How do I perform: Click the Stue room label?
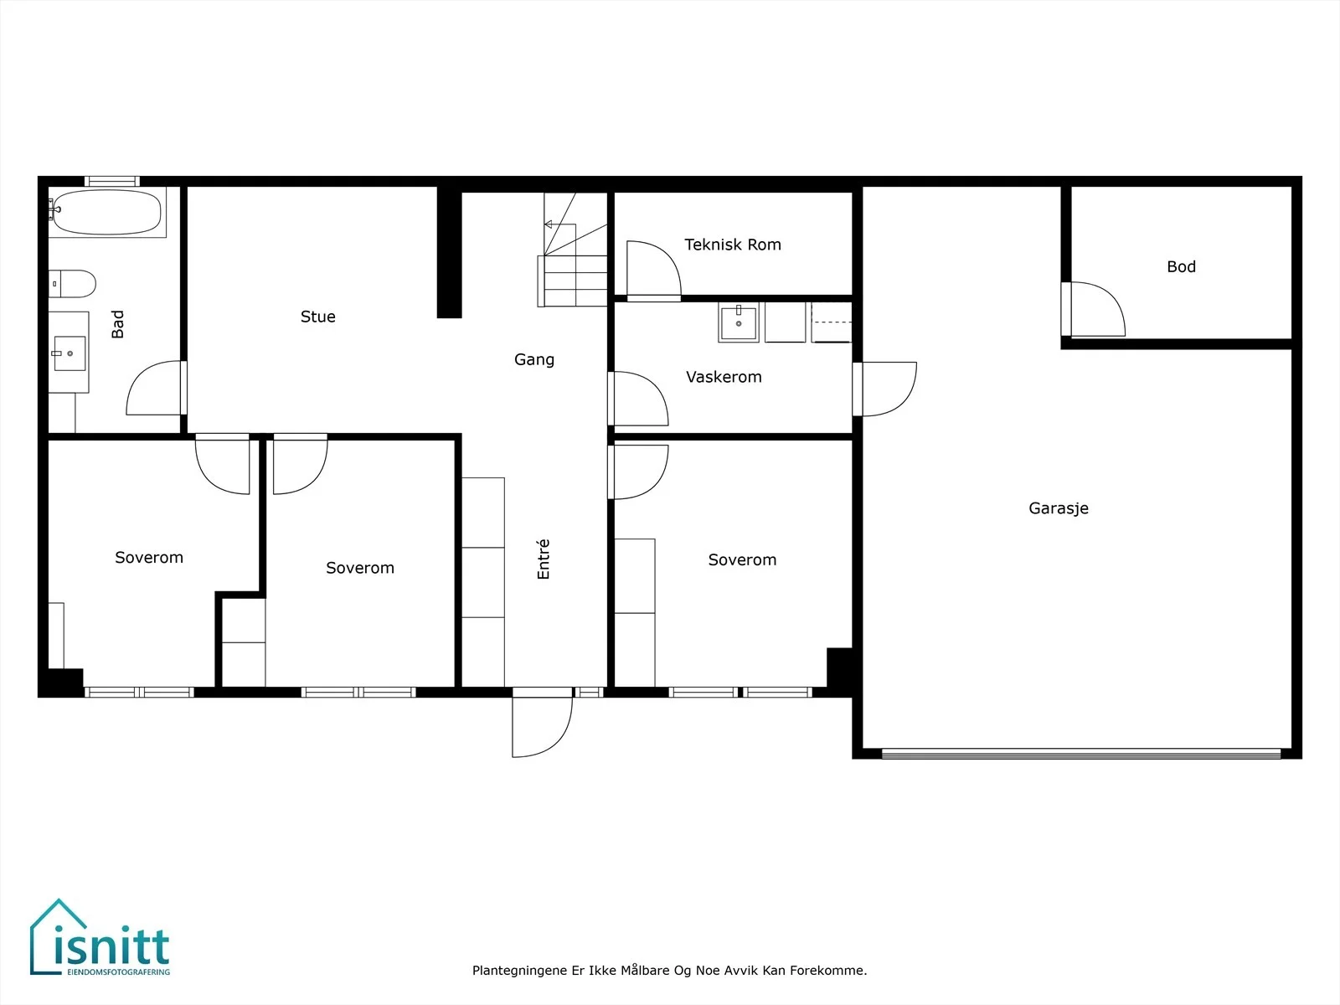pyautogui.click(x=317, y=317)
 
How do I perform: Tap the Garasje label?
pyautogui.click(x=1058, y=508)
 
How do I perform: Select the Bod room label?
pyautogui.click(x=1181, y=266)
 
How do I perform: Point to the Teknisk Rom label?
pyautogui.click(x=733, y=245)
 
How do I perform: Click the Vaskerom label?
pyautogui.click(x=724, y=377)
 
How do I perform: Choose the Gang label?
pyautogui.click(x=534, y=359)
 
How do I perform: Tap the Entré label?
pyautogui.click(x=543, y=559)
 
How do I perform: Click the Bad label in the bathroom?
pyautogui.click(x=117, y=324)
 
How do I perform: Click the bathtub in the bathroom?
pyautogui.click(x=107, y=213)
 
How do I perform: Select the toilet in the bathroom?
pyautogui.click(x=72, y=284)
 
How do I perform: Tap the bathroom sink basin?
pyautogui.click(x=70, y=353)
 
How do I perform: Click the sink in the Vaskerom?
pyautogui.click(x=738, y=322)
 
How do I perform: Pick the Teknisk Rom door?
pyautogui.click(x=654, y=270)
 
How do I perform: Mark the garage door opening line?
pyautogui.click(x=1081, y=755)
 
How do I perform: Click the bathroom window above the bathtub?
pyautogui.click(x=111, y=181)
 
